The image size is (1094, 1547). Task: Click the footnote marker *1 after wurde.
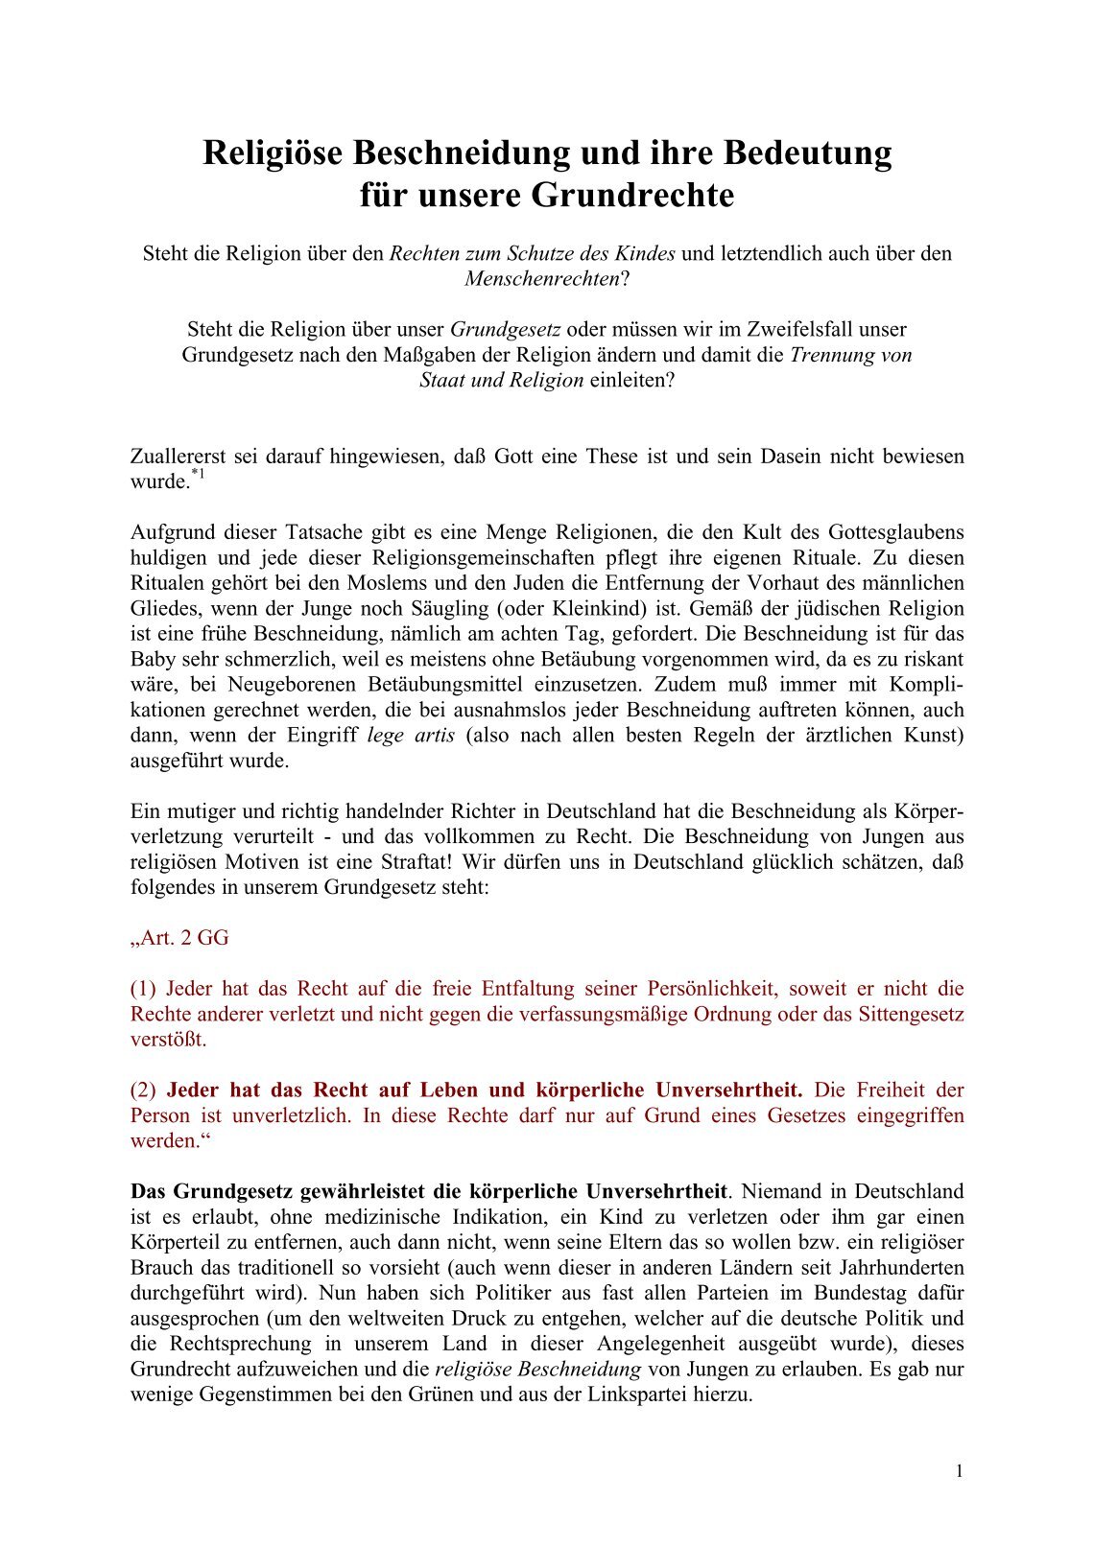click(x=198, y=475)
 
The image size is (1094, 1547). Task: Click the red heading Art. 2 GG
click(x=180, y=938)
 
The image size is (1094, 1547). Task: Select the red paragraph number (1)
click(x=143, y=989)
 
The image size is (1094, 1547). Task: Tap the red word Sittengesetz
click(x=912, y=1014)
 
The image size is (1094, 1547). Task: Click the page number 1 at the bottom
click(x=959, y=1472)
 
